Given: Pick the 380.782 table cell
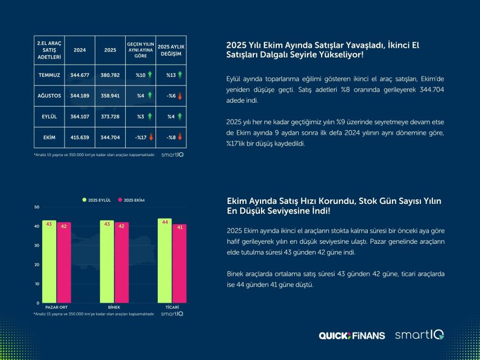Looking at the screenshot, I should (x=111, y=75).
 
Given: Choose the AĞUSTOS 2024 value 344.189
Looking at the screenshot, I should (x=80, y=95).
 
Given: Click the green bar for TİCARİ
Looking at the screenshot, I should (x=164, y=261).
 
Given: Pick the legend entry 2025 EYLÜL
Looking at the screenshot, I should (x=98, y=200).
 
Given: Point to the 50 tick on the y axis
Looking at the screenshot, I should (x=36, y=207).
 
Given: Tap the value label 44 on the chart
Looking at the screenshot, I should (x=164, y=222).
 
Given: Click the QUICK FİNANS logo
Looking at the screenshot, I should (x=351, y=335).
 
